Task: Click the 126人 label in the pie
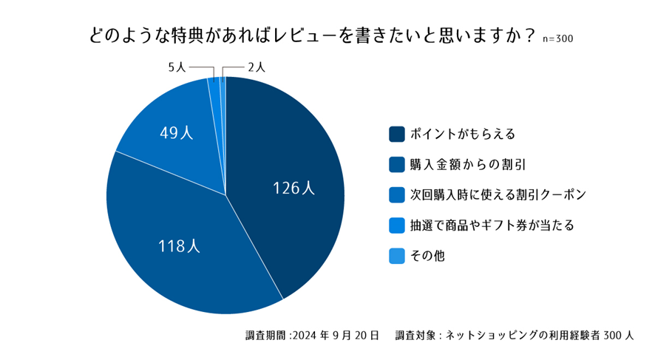click(294, 189)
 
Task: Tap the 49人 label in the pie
click(177, 133)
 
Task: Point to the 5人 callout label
click(177, 67)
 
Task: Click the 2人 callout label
click(257, 67)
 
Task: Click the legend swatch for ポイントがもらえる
click(396, 134)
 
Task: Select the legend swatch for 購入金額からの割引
click(396, 164)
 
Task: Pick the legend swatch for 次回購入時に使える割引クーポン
click(396, 194)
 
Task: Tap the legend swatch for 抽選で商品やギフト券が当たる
click(396, 225)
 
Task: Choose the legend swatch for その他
click(396, 256)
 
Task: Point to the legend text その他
click(427, 256)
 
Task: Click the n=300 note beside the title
click(557, 38)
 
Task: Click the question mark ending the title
click(529, 35)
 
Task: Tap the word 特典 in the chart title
click(179, 35)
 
